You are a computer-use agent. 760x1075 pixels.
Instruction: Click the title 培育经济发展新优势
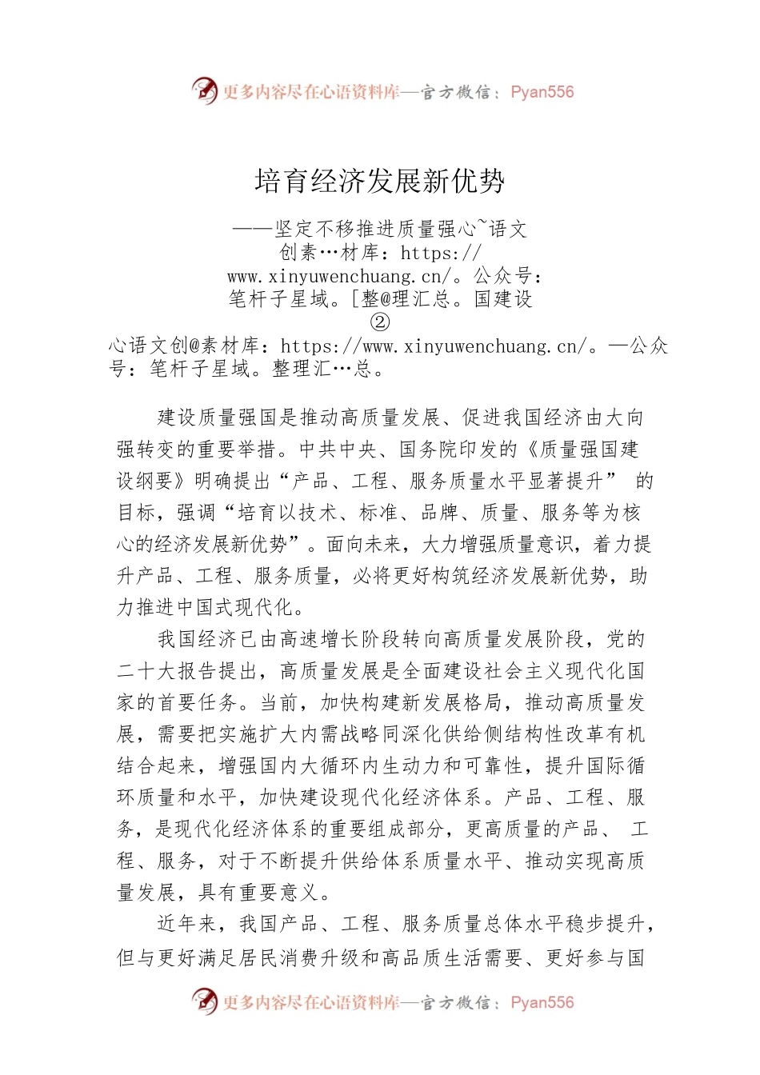[x=380, y=182]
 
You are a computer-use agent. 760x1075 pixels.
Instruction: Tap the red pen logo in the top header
[x=205, y=90]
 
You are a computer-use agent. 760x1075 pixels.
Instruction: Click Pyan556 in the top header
[x=542, y=92]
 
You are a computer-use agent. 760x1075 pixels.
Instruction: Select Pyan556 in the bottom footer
[x=542, y=1002]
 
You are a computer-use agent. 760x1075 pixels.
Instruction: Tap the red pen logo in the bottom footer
[x=205, y=1001]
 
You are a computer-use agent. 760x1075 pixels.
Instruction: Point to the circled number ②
[x=380, y=322]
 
